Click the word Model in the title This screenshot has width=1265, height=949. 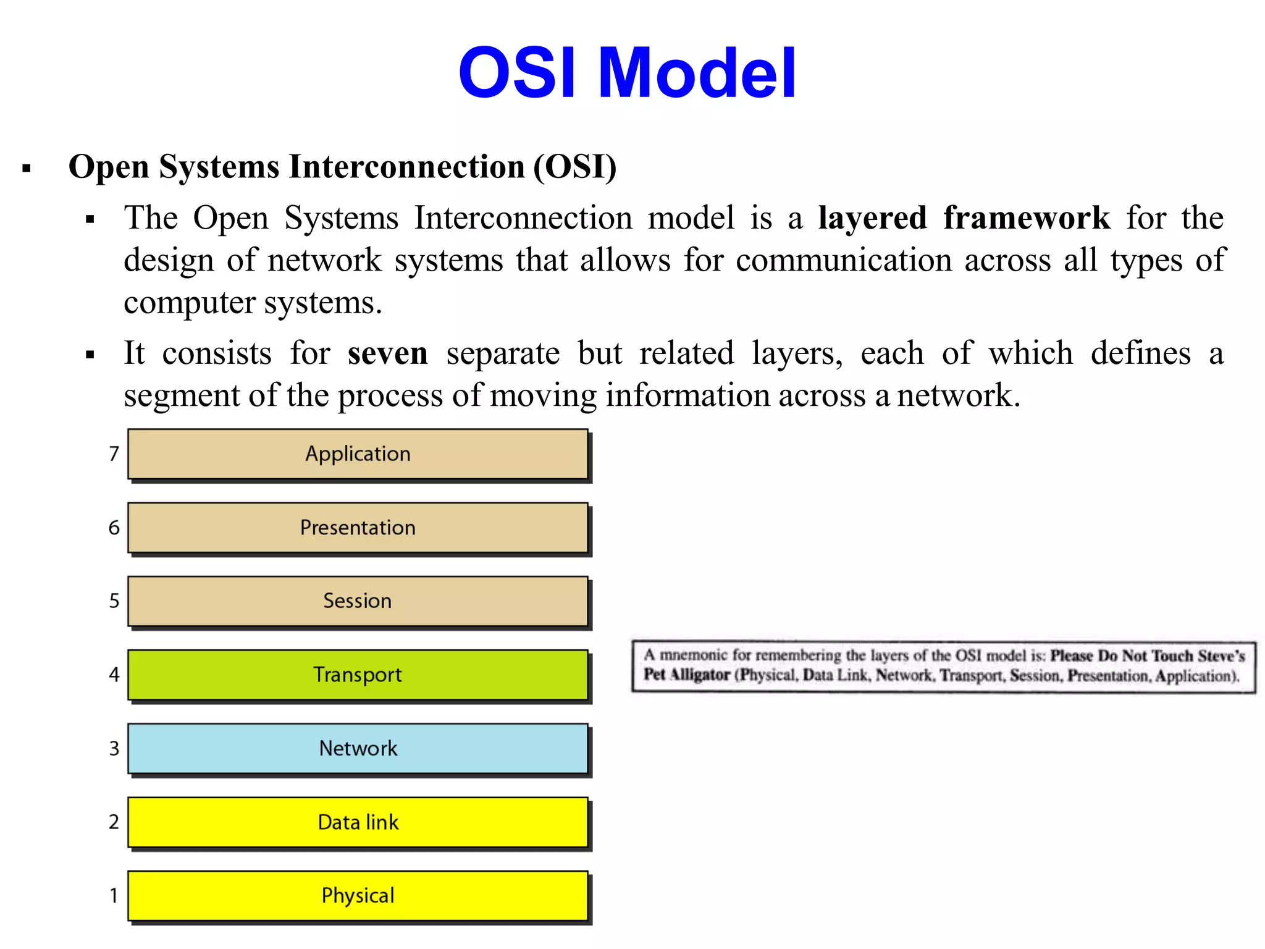(x=697, y=74)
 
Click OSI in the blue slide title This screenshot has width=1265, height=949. (x=518, y=74)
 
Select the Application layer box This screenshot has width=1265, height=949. (x=358, y=454)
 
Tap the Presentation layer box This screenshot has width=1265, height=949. (x=358, y=528)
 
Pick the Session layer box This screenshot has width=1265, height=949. (x=358, y=601)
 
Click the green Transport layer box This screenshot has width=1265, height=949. (x=358, y=675)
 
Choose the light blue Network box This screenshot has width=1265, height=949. (x=358, y=748)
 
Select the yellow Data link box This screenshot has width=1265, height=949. (x=358, y=822)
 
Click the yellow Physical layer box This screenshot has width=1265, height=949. (x=358, y=896)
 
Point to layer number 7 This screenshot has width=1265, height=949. (x=114, y=454)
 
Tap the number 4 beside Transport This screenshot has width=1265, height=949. (x=114, y=675)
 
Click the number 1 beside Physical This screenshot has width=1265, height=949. (x=114, y=896)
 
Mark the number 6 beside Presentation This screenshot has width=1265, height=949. (x=114, y=528)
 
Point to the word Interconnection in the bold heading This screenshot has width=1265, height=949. (x=407, y=167)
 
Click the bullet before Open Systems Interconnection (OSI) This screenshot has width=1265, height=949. (x=27, y=169)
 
